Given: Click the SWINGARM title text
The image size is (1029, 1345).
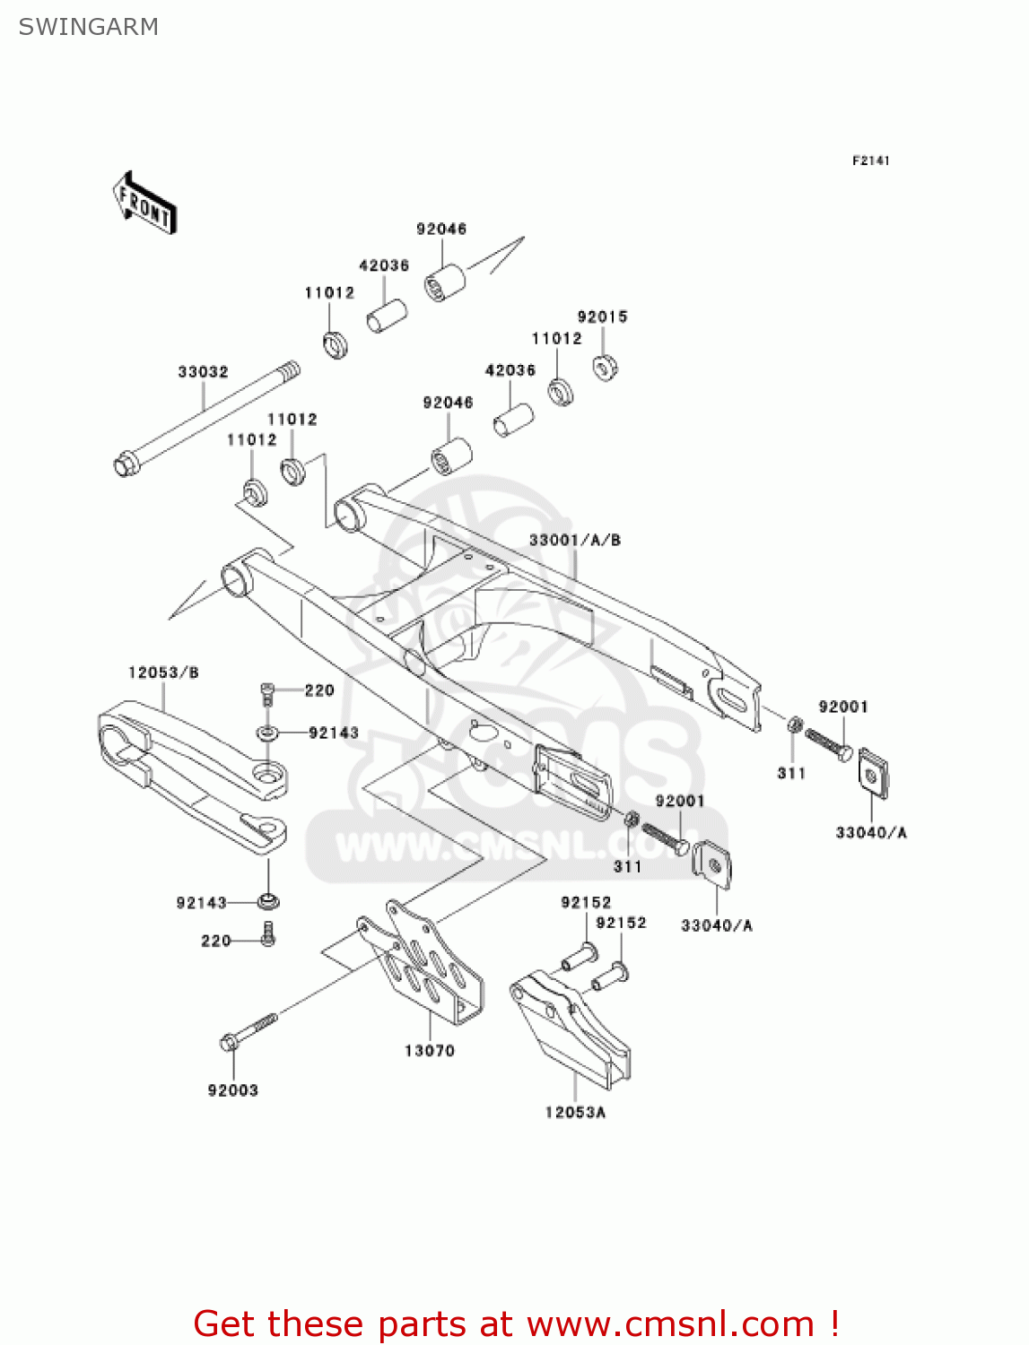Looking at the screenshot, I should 88,27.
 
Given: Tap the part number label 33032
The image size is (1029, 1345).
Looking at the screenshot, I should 203,371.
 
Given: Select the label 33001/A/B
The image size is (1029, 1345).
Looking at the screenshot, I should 574,540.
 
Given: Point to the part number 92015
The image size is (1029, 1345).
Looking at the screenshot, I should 602,317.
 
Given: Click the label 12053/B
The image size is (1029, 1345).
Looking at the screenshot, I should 163,672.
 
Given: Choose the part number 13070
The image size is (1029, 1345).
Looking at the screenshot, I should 430,1050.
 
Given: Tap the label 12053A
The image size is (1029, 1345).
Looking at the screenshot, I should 575,1112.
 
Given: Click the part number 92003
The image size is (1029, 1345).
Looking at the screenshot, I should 233,1090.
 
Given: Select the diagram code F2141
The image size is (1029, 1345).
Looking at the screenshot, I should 870,161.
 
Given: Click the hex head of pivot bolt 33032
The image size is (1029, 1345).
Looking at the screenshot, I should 125,465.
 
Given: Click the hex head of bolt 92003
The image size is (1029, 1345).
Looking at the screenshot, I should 229,1042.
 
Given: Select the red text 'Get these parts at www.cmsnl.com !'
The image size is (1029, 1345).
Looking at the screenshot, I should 516,1323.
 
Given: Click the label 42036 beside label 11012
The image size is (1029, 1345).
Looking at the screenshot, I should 384,265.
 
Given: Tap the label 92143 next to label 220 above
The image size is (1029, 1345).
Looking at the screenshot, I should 333,733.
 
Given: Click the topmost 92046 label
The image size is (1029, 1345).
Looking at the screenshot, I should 441,229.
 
